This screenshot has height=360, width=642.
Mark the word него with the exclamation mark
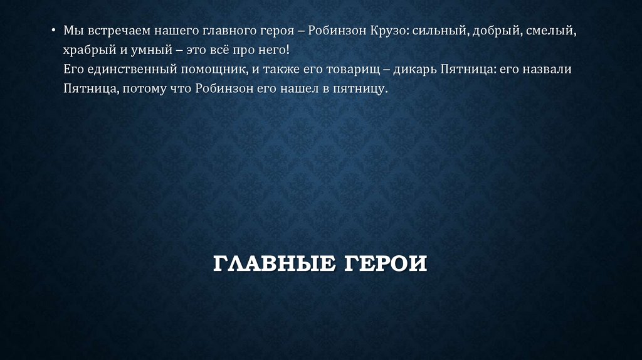(273, 50)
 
